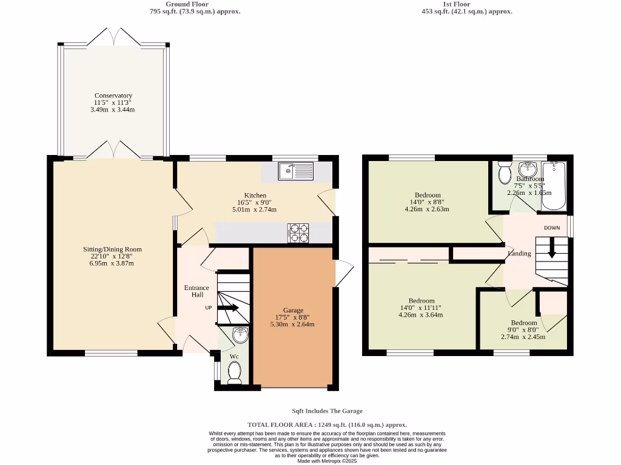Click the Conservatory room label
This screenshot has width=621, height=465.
pyautogui.click(x=113, y=96)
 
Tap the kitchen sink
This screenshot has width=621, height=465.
pyautogui.click(x=296, y=171)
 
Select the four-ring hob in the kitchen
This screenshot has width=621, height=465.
pyautogui.click(x=298, y=232)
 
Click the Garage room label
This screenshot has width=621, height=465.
pyautogui.click(x=293, y=310)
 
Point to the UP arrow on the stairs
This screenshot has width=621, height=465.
pyautogui.click(x=228, y=308)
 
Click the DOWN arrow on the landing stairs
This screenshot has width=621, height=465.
pyautogui.click(x=552, y=248)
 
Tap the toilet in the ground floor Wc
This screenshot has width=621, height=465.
pyautogui.click(x=234, y=372)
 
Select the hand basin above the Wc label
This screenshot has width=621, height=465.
pyautogui.click(x=240, y=335)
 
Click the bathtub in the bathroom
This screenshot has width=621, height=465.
pyautogui.click(x=553, y=185)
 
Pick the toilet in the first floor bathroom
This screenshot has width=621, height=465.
pyautogui.click(x=504, y=174)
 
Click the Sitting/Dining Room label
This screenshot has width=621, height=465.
pyautogui.click(x=112, y=249)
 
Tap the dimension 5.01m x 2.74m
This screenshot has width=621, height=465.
pyautogui.click(x=254, y=209)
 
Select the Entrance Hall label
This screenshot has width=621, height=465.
pyautogui.click(x=196, y=291)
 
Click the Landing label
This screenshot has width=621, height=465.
pyautogui.click(x=519, y=254)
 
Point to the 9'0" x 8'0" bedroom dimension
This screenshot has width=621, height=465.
pyautogui.click(x=523, y=329)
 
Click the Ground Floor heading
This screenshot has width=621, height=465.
pyautogui.click(x=187, y=4)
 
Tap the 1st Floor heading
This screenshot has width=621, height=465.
pyautogui.click(x=456, y=4)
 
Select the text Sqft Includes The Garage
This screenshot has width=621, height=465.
pyautogui.click(x=327, y=411)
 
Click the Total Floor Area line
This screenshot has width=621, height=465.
pyautogui.click(x=327, y=425)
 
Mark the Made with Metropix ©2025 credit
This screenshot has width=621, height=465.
pyautogui.click(x=327, y=461)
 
